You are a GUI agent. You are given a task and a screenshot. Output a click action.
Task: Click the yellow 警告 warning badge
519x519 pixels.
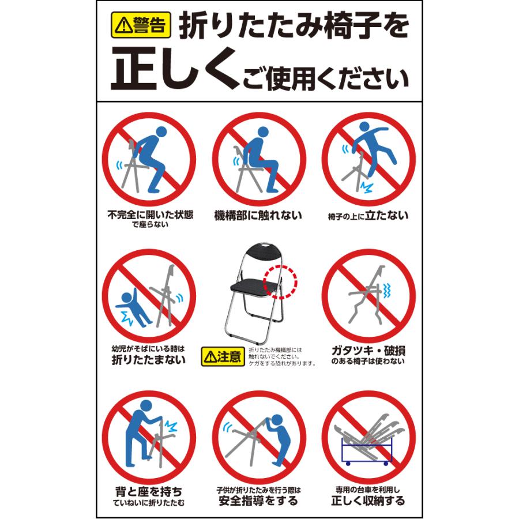click(141, 25)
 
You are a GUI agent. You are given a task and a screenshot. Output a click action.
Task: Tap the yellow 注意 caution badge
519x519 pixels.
click(223, 356)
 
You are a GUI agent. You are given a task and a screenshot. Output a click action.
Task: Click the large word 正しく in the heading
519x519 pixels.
click(175, 69)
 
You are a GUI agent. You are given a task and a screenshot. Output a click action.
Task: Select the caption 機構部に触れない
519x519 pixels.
click(258, 216)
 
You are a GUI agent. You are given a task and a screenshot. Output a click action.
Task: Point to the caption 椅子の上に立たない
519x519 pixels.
click(368, 216)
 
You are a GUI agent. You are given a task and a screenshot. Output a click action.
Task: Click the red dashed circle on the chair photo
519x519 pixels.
click(280, 281)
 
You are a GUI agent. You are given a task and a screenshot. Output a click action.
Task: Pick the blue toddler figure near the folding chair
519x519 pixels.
click(133, 307)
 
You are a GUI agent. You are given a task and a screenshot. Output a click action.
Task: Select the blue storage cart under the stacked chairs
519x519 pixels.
click(366, 451)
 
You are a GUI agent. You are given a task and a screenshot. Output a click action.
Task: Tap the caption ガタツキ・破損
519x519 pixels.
click(368, 350)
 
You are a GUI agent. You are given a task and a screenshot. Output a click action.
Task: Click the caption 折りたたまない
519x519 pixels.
click(148, 359)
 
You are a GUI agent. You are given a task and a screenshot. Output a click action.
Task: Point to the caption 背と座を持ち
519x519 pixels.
click(149, 491)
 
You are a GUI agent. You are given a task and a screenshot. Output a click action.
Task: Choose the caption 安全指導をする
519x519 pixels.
click(258, 501)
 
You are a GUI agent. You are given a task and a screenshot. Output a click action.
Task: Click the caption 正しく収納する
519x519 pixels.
click(368, 501)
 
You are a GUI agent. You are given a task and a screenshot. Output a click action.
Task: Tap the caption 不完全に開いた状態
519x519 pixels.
click(151, 215)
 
